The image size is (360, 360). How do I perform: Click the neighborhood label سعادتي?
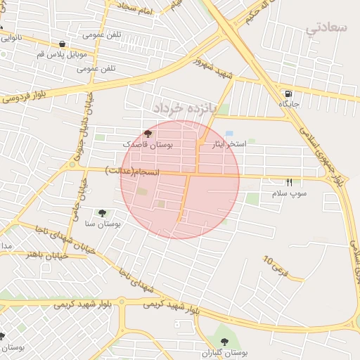click(328, 28)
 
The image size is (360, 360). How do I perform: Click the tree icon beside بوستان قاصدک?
click(148, 133)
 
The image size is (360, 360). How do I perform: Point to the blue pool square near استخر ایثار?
click(230, 133)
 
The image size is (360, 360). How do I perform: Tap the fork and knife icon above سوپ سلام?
click(289, 182)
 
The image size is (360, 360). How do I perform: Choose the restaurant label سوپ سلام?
click(289, 193)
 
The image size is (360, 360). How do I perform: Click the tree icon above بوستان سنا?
click(103, 212)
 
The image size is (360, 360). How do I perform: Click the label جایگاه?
click(289, 105)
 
